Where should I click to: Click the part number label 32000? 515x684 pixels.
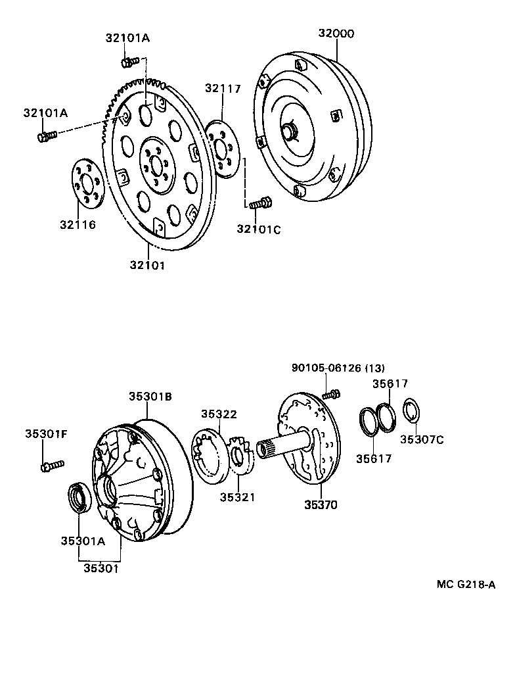(x=336, y=33)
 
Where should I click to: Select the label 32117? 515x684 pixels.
(x=222, y=89)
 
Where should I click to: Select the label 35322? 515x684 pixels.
(x=219, y=414)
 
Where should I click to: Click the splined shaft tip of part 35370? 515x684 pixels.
(x=267, y=449)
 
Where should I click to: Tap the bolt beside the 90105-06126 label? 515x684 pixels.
(x=332, y=394)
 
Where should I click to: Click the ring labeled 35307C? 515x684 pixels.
(x=411, y=412)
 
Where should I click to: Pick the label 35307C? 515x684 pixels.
(x=422, y=439)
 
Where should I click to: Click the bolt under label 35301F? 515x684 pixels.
(x=51, y=466)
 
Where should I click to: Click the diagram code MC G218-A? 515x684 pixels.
(x=466, y=585)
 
